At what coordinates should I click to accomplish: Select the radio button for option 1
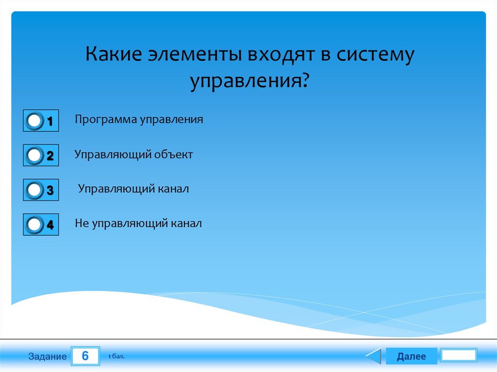click(34, 121)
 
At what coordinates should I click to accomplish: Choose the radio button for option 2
click(34, 155)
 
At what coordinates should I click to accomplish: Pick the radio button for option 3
click(34, 190)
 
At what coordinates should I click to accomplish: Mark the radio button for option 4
click(34, 225)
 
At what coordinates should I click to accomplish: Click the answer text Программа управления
click(139, 120)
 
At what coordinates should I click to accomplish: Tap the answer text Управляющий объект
click(133, 155)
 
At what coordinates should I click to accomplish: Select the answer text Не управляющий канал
click(138, 224)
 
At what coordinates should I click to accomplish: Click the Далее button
click(411, 356)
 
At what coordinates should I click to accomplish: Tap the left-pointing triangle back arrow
click(374, 356)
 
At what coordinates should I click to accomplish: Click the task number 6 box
click(85, 356)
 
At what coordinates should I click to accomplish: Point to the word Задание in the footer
click(48, 356)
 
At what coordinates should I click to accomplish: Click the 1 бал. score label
click(116, 356)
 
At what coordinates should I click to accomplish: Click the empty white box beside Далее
click(459, 355)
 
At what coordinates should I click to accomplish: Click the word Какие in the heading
click(114, 54)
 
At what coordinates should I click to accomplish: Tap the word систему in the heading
click(375, 55)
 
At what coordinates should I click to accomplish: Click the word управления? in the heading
click(249, 81)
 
